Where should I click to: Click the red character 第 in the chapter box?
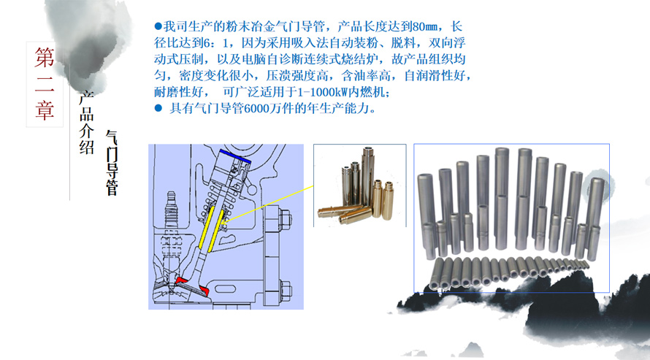tap(45, 57)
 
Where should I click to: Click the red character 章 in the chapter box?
tap(45, 110)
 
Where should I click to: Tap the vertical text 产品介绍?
tap(86, 122)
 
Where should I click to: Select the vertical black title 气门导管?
tap(112, 162)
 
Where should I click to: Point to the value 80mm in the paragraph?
tap(424, 26)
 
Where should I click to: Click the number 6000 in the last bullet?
tap(256, 108)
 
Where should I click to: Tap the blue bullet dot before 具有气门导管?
tap(158, 108)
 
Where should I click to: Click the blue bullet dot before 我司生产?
tap(158, 26)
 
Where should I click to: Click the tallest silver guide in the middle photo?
tap(367, 177)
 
